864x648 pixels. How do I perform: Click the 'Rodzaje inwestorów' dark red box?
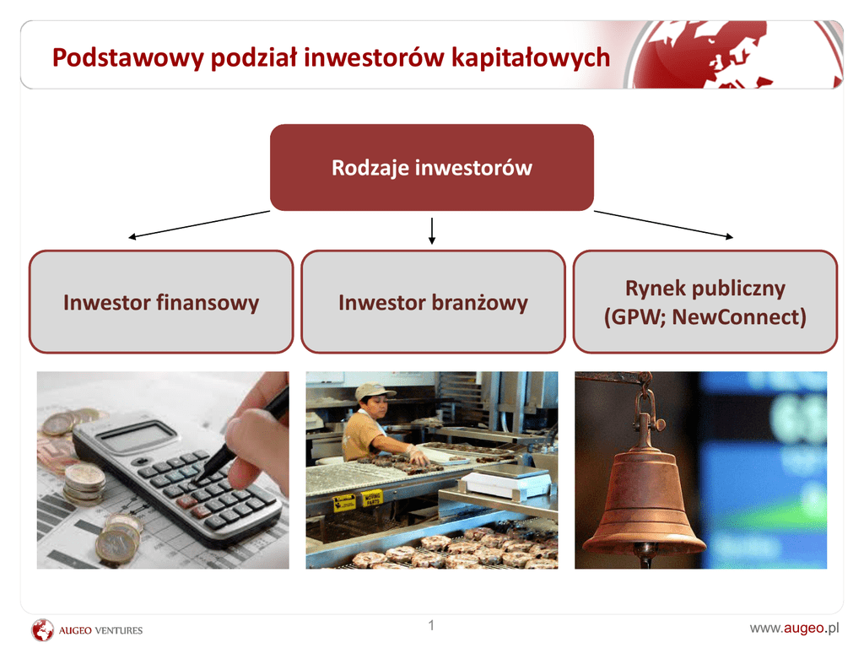pyautogui.click(x=431, y=168)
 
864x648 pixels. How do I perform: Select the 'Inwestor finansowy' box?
pyautogui.click(x=161, y=302)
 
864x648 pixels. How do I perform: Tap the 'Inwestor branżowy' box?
pyautogui.click(x=433, y=302)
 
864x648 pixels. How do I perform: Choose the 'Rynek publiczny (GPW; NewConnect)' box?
pyautogui.click(x=705, y=302)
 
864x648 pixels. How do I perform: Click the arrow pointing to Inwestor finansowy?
pyautogui.click(x=199, y=224)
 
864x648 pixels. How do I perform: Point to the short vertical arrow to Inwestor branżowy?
pyautogui.click(x=432, y=231)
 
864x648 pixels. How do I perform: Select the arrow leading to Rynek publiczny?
pyautogui.click(x=663, y=224)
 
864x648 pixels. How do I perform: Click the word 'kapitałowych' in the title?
pyautogui.click(x=531, y=58)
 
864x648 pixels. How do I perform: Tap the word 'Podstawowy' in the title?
pyautogui.click(x=128, y=58)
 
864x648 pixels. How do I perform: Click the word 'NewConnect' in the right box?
pyautogui.click(x=739, y=317)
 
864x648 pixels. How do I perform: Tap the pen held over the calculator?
pyautogui.click(x=241, y=435)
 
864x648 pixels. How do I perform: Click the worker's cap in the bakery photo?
pyautogui.click(x=374, y=391)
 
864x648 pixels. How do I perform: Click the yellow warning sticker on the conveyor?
pyautogui.click(x=344, y=502)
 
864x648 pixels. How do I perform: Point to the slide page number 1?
pyautogui.click(x=431, y=625)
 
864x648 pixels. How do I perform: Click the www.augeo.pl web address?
pyautogui.click(x=794, y=628)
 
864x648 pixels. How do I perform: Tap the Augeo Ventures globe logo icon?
pyautogui.click(x=42, y=629)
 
